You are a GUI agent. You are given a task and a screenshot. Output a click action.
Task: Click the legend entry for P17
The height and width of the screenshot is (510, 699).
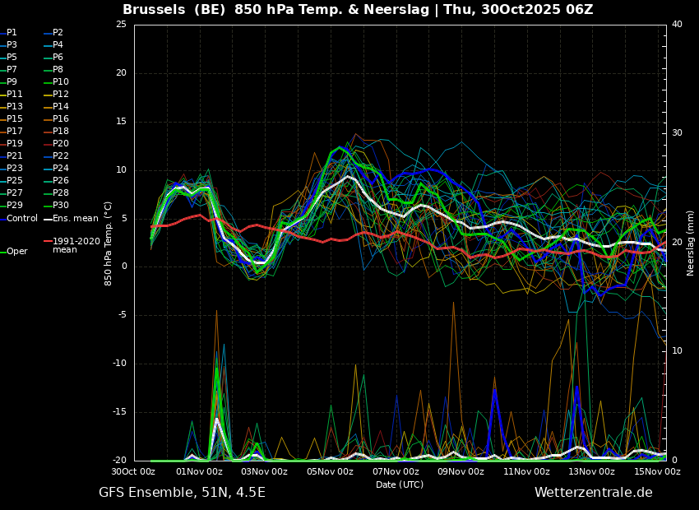[14, 131]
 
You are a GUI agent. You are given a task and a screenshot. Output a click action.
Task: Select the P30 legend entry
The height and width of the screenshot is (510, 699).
[61, 205]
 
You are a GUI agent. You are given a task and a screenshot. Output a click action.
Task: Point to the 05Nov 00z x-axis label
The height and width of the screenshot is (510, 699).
[330, 471]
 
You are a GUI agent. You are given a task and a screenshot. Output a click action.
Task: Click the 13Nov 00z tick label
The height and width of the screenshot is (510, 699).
[591, 471]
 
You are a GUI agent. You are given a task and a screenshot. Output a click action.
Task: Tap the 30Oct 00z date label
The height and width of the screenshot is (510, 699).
[134, 471]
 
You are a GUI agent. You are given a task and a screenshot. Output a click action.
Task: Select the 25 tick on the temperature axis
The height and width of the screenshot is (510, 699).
[121, 24]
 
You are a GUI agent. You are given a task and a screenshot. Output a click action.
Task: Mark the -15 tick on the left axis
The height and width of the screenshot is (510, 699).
[119, 412]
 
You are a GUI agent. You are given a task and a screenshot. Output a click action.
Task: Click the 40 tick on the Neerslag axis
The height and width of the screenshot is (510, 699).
[677, 24]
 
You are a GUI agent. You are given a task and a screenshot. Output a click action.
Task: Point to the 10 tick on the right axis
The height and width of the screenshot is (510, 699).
[677, 351]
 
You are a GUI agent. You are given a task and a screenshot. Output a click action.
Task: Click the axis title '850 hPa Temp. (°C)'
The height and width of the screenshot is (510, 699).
[108, 243]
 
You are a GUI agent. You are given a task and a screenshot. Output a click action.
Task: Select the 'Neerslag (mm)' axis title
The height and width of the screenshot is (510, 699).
[690, 243]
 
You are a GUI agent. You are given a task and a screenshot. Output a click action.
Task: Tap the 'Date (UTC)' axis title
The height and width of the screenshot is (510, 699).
[400, 484]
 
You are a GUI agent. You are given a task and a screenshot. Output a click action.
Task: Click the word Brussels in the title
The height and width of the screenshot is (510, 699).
[154, 9]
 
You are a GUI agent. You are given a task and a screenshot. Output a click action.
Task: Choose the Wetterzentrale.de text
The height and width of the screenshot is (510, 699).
[594, 492]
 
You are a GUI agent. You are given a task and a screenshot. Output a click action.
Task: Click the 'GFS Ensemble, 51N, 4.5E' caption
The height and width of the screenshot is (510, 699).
[182, 493]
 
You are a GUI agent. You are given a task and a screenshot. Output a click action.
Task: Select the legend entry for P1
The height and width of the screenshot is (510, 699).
[12, 33]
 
